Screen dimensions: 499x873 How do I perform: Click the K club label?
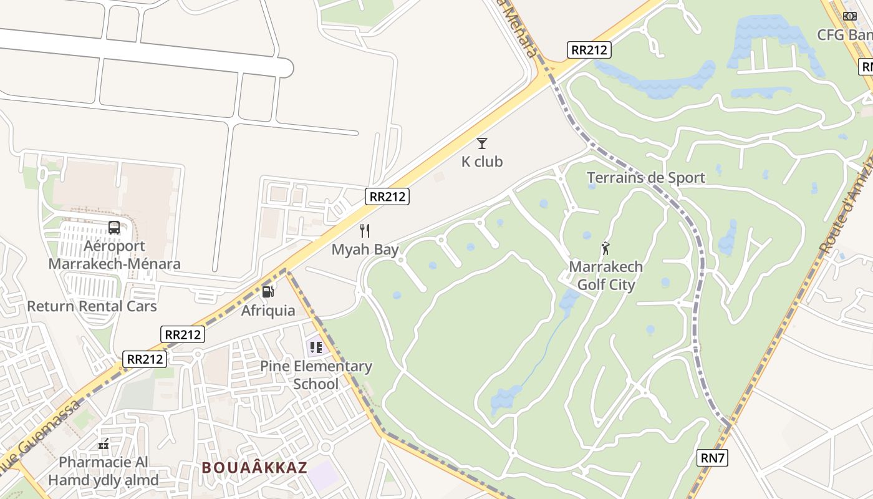click(481, 162)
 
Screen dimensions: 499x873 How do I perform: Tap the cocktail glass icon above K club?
click(482, 143)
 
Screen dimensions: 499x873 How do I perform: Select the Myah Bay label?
click(365, 249)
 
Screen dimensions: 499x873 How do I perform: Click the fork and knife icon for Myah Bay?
click(365, 231)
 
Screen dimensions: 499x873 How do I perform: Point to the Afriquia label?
click(268, 310)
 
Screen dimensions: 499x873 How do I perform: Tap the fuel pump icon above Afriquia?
click(268, 291)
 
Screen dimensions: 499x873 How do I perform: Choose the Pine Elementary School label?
click(316, 374)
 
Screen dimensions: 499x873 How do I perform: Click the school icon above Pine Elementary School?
click(316, 347)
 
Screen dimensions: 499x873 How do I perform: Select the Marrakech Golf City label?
click(605, 276)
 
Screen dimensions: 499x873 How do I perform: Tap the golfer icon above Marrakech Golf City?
click(605, 249)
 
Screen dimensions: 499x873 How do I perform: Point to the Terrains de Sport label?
click(646, 178)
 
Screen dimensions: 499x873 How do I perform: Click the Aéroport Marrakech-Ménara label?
click(114, 254)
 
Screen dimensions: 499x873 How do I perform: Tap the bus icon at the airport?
click(114, 228)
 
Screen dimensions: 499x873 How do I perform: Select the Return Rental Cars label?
click(92, 306)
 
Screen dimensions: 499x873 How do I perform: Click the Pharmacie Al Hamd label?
click(104, 471)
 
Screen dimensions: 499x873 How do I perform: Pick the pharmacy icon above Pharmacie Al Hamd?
click(104, 444)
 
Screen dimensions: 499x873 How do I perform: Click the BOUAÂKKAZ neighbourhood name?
click(254, 468)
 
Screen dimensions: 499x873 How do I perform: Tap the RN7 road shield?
click(712, 458)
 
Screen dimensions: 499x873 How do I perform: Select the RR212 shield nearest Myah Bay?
click(387, 196)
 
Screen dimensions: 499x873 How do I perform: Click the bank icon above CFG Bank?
click(849, 16)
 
